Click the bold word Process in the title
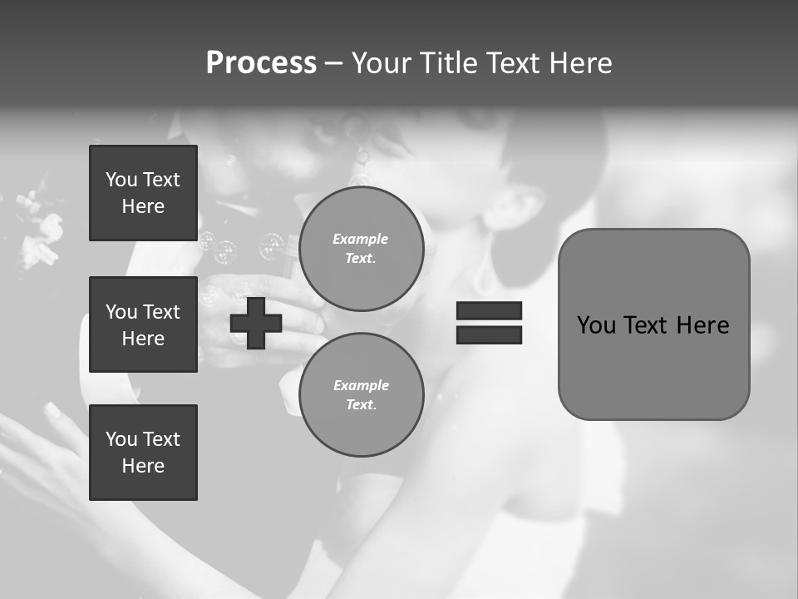[x=261, y=63]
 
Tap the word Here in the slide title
[x=580, y=63]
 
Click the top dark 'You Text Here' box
[x=143, y=193]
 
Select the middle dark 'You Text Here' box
[x=143, y=324]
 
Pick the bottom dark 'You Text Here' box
[x=143, y=453]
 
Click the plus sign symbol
[x=256, y=323]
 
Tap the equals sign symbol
[x=489, y=323]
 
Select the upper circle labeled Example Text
[x=362, y=249]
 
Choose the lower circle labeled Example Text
[x=362, y=395]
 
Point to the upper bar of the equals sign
[x=489, y=311]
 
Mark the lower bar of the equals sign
[x=489, y=334]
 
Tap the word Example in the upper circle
[x=360, y=240]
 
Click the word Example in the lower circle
[x=361, y=385]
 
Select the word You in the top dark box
[x=121, y=180]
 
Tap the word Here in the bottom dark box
[x=143, y=466]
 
